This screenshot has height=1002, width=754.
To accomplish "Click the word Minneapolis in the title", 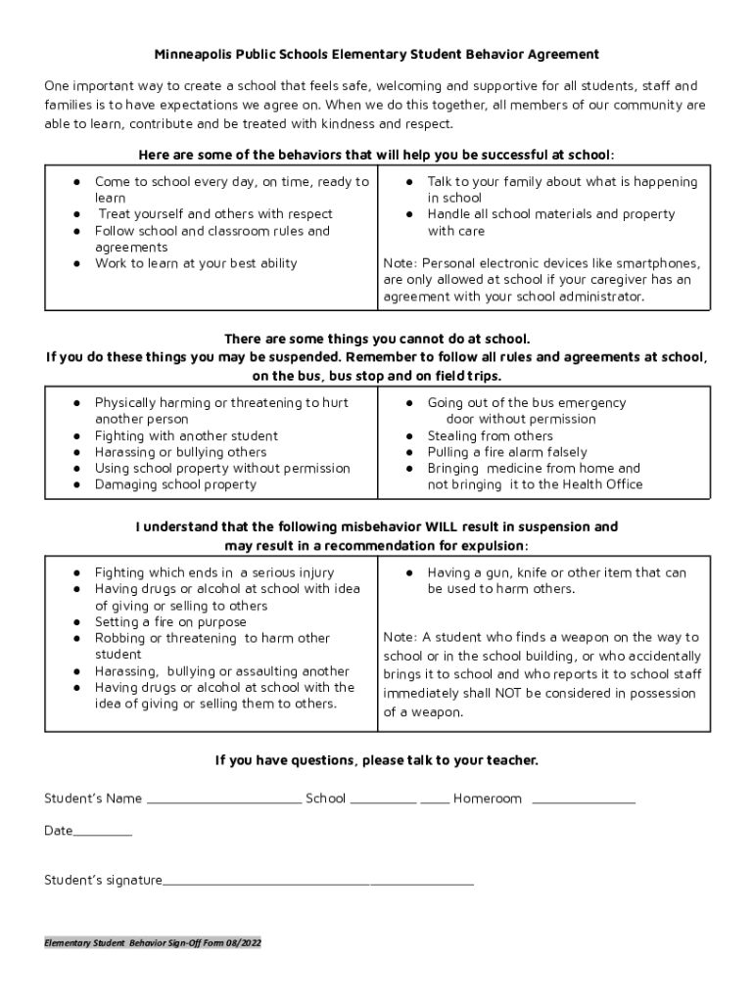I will click(192, 55).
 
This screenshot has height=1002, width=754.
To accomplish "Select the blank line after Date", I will click(103, 834).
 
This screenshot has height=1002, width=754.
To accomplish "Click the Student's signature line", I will click(318, 883).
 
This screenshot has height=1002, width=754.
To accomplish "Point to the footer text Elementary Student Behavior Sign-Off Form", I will click(152, 944).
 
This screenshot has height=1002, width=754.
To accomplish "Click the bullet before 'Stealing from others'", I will click(409, 436).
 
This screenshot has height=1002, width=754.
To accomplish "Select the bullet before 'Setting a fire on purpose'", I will click(76, 622).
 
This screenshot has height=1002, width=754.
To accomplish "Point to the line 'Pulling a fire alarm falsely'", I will click(507, 452).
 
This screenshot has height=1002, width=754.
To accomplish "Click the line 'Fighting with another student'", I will click(186, 435).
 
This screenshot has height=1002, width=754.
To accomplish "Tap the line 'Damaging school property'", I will click(175, 484).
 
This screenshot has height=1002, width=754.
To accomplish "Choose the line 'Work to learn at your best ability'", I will click(196, 263).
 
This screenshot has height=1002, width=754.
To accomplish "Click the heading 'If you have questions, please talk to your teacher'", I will click(377, 760).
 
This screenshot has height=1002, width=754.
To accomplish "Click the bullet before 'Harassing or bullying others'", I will click(76, 452).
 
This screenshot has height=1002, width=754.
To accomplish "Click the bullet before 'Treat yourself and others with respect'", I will click(76, 214).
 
